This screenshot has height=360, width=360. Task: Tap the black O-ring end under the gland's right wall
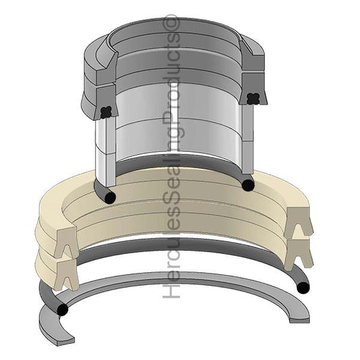[x=248, y=184]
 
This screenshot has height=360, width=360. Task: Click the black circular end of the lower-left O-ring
[x=63, y=311]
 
